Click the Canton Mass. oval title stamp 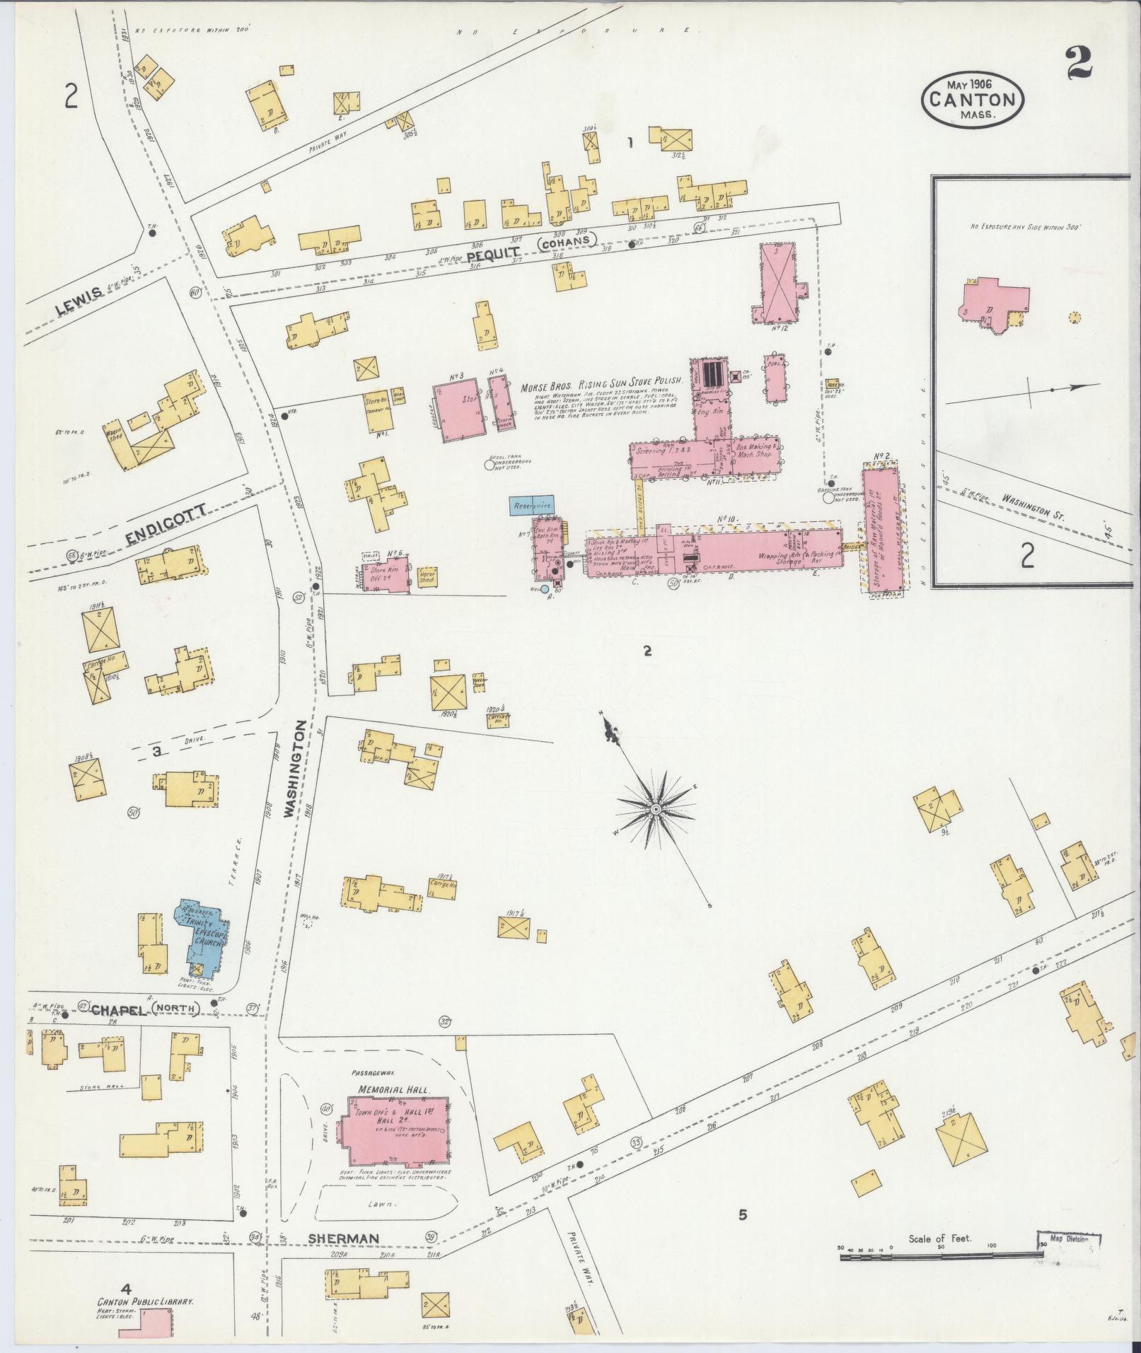pos(972,98)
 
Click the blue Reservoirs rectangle pos(532,506)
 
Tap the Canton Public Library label pos(146,1301)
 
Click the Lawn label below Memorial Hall pos(381,1223)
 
